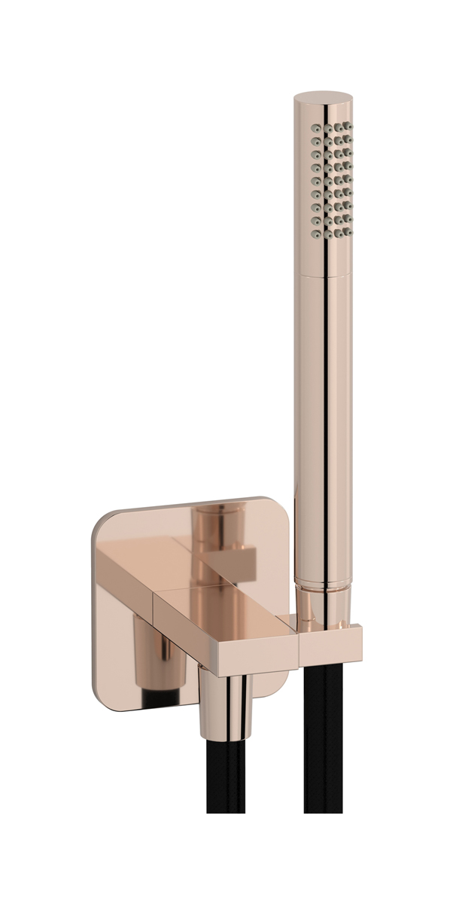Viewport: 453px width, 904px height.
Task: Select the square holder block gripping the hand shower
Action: coord(331,644)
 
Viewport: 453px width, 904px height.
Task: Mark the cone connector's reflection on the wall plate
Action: coord(162,663)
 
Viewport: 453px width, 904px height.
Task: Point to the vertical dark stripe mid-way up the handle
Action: coord(328,422)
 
